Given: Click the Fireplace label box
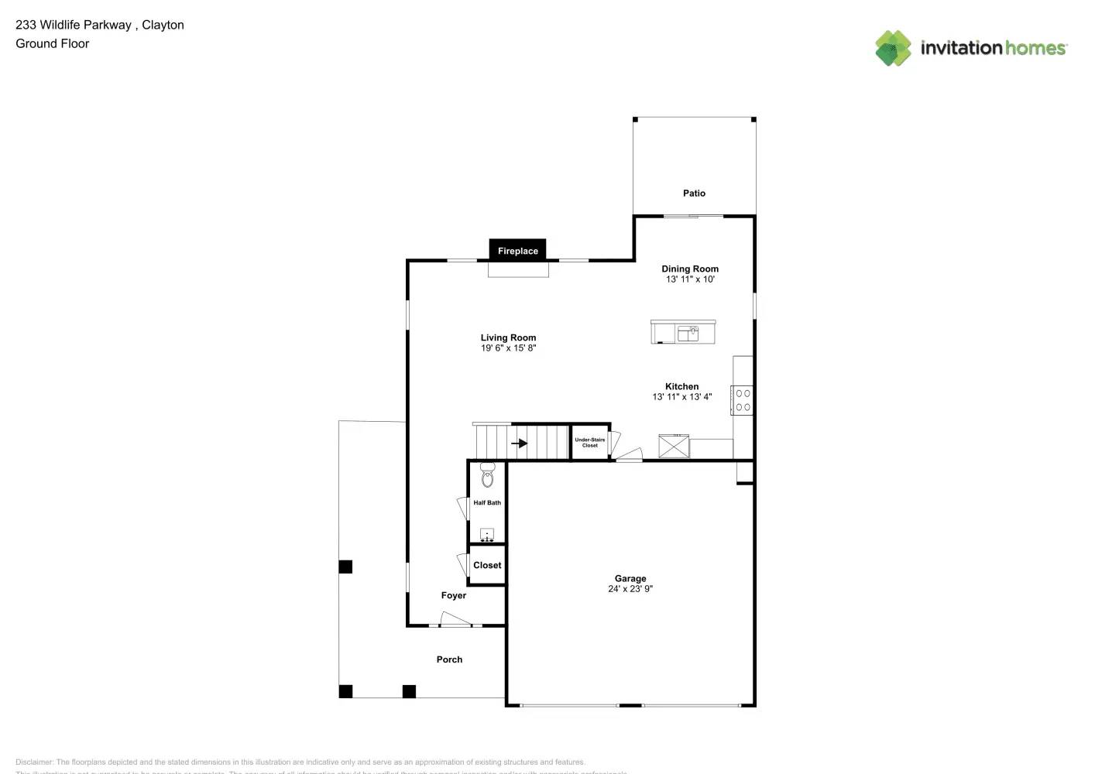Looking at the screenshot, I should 518,251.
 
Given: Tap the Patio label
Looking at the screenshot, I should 694,193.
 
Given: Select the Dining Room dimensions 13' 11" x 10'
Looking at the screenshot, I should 690,279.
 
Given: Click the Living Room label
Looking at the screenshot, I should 508,337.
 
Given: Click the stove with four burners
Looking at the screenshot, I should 743,400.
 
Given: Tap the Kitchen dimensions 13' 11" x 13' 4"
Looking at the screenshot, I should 681,397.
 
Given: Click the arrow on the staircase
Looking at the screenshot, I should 519,444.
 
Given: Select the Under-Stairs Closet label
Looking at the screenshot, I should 590,443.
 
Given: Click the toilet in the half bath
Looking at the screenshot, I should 487,475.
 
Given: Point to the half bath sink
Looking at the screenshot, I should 487,534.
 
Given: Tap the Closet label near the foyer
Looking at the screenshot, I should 487,566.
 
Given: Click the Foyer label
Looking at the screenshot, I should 454,596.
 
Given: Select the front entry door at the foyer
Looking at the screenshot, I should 456,621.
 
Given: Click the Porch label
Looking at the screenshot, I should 449,659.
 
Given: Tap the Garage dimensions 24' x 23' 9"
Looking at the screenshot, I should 630,589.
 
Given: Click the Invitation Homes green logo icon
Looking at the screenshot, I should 893,48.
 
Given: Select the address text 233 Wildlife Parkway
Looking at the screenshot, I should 74,25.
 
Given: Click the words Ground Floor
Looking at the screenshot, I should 53,43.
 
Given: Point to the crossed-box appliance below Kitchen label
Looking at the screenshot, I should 674,447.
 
